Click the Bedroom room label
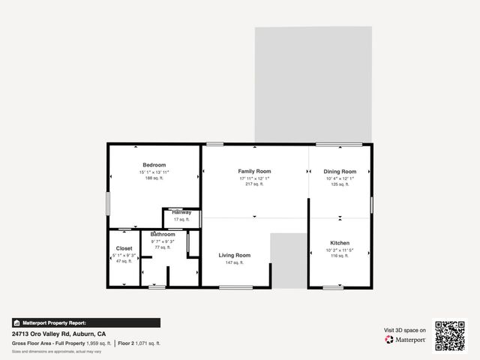pos(154,165)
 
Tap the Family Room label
pos(254,171)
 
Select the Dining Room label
pos(340,171)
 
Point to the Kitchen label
pos(340,243)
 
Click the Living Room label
pos(234,255)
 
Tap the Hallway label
pos(181,212)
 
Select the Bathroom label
pos(163,234)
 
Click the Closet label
pos(124,248)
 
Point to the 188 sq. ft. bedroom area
pos(154,178)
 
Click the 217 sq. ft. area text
pos(254,184)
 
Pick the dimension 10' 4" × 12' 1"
pos(340,178)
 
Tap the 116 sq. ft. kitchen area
pos(340,256)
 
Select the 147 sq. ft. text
pos(234,262)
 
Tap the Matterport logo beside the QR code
pos(406,340)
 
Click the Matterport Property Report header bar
pos(85,322)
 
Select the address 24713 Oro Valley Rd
pos(45,334)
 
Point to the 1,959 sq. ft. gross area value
pos(98,343)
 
